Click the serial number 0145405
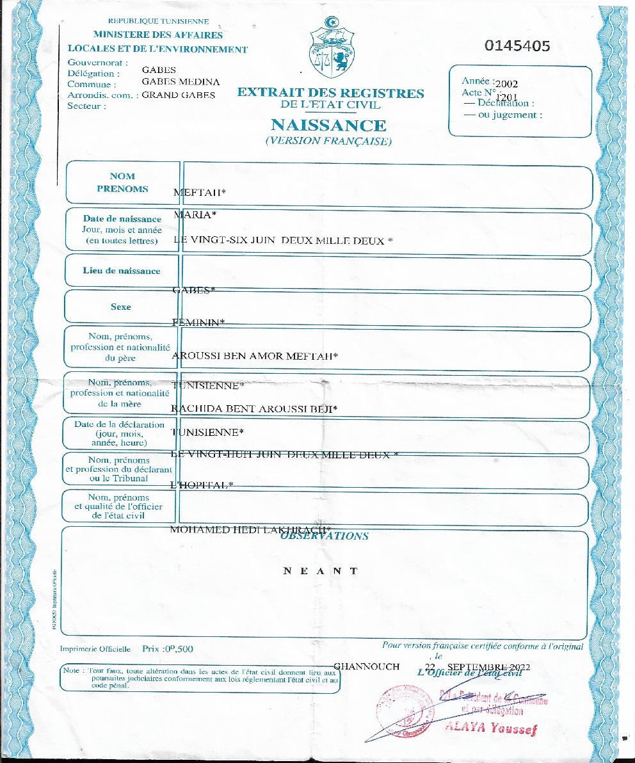[517, 46]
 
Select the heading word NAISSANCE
[328, 125]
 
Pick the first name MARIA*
[193, 215]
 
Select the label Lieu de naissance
[122, 271]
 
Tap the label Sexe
[120, 307]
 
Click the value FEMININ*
[198, 323]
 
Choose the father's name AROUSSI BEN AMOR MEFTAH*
[255, 356]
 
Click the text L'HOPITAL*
[202, 485]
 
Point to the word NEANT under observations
[320, 571]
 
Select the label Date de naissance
[122, 219]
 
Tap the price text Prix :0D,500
[168, 648]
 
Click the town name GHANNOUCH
[367, 666]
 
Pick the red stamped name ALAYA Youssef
[491, 728]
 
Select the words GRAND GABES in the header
[178, 95]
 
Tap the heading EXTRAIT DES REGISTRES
[330, 93]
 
